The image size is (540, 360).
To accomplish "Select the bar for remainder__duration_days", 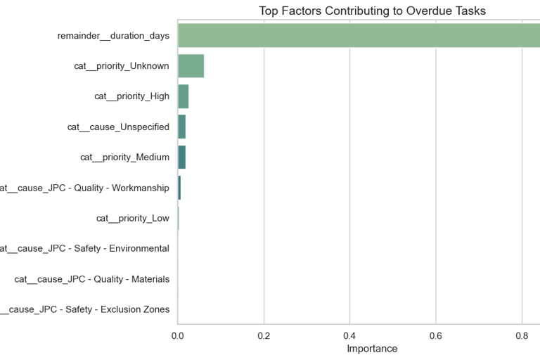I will tap(359, 35).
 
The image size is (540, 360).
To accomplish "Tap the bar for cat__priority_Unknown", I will tap(191, 66).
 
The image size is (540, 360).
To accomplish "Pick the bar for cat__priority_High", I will tap(183, 96).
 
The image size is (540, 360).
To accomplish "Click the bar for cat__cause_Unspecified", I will tap(181, 127).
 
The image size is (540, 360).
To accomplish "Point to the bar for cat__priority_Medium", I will tap(181, 157).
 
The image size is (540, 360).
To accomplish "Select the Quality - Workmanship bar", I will tap(179, 188).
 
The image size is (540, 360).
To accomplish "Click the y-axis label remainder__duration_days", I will tap(113, 36).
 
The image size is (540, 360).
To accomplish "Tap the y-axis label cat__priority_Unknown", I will tap(122, 66).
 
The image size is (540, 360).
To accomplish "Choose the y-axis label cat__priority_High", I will tap(131, 96).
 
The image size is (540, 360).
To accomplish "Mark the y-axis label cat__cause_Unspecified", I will tap(118, 127).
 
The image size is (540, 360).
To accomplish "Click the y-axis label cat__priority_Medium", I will tap(124, 157).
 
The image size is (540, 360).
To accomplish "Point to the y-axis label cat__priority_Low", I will tap(133, 218).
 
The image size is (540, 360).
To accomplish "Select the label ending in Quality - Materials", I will tap(91, 279).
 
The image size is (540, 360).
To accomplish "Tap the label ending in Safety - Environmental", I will tap(84, 248).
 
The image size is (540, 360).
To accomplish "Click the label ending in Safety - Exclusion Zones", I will tap(84, 309).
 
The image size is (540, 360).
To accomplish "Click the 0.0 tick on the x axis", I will tap(178, 335).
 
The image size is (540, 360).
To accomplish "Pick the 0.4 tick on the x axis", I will tap(350, 335).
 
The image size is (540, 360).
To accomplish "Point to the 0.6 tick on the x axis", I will tap(436, 335).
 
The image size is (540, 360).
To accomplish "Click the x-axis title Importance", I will tap(372, 349).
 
